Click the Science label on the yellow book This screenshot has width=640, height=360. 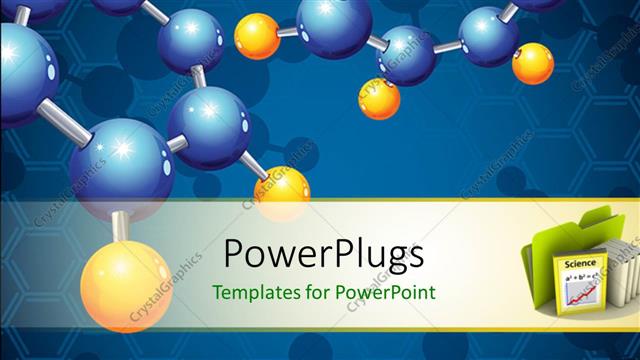tap(580, 263)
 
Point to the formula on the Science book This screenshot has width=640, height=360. tap(578, 275)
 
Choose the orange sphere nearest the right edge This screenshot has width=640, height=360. tap(532, 62)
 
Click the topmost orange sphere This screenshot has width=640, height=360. tap(257, 35)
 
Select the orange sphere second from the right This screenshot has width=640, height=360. tap(379, 98)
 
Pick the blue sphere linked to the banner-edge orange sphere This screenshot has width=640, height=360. tap(208, 125)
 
